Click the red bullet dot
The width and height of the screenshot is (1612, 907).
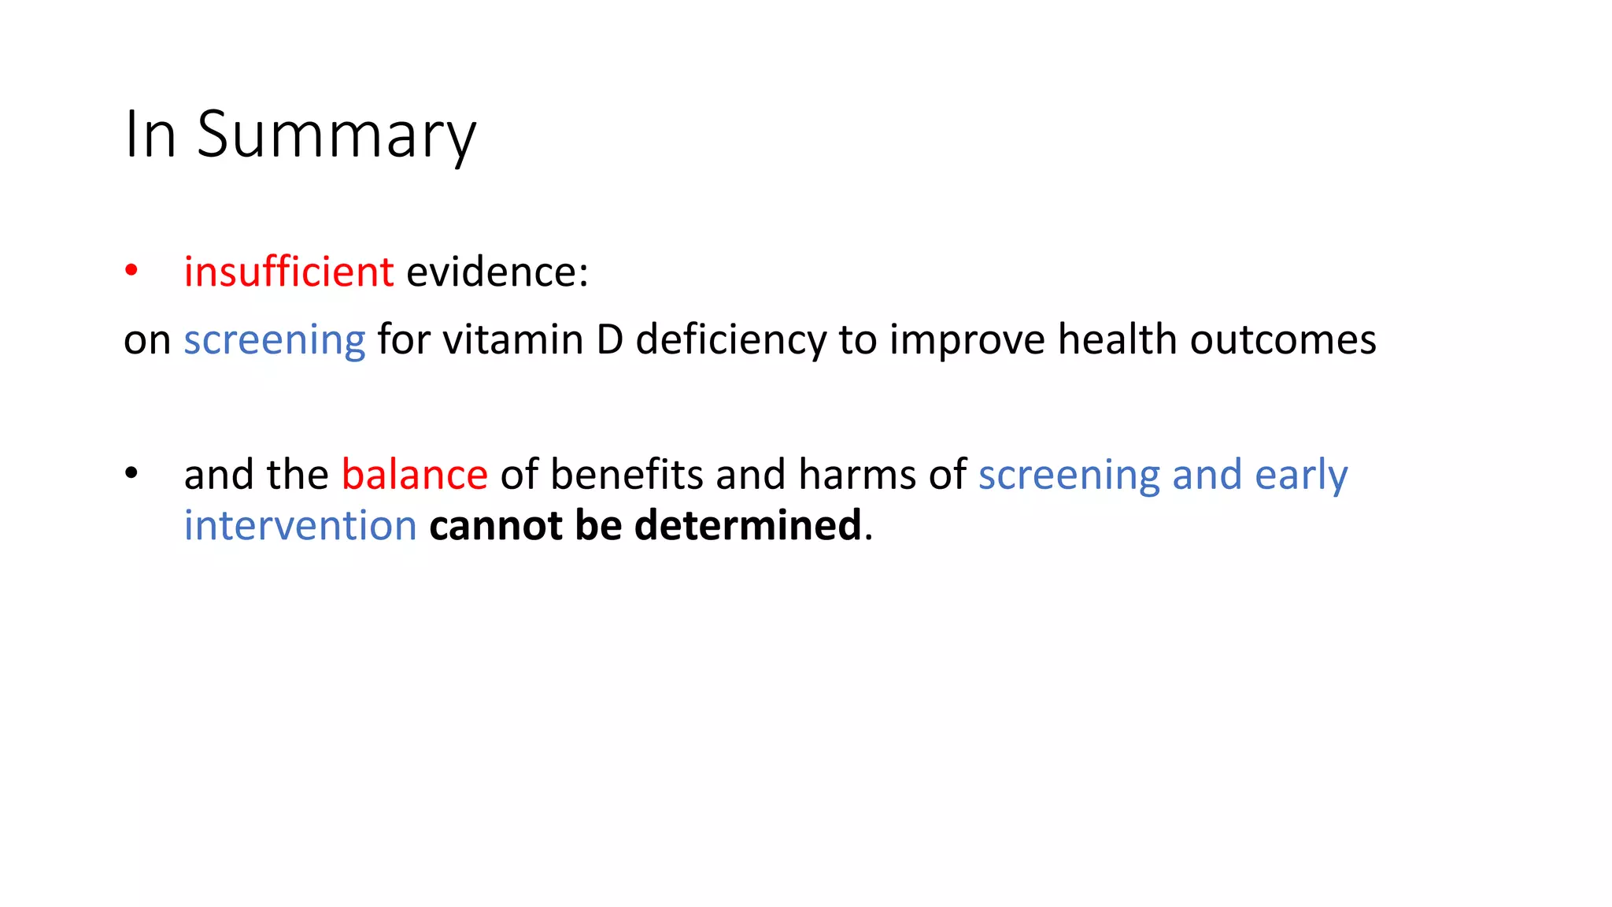coord(131,271)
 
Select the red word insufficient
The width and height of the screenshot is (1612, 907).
coord(288,272)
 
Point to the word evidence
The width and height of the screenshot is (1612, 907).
coord(497,272)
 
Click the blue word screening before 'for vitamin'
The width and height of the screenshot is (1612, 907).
coord(275,340)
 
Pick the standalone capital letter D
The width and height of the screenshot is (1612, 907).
coord(610,340)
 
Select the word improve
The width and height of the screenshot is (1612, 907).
coord(967,340)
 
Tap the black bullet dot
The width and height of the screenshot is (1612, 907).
coord(131,473)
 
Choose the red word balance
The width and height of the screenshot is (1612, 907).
coord(415,475)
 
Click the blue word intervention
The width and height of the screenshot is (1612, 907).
coord(300,526)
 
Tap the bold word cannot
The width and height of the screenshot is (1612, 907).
coord(496,526)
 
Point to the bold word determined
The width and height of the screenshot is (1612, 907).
coord(748,526)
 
